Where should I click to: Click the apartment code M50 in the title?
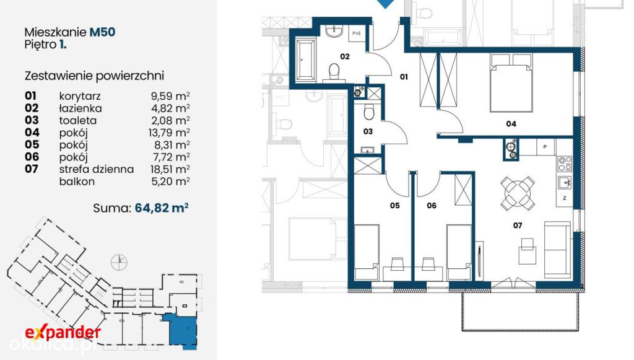click(102, 32)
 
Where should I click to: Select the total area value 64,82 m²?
click(162, 208)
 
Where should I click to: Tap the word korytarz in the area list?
click(80, 97)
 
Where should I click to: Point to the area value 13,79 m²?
click(170, 132)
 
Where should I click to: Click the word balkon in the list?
click(77, 181)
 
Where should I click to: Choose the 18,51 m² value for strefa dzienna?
click(170, 169)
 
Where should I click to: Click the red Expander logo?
click(63, 333)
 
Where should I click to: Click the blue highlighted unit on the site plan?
click(181, 330)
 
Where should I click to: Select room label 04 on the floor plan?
click(511, 124)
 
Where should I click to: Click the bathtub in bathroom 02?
click(306, 59)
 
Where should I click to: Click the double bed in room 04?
click(511, 83)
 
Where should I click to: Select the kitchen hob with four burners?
click(565, 164)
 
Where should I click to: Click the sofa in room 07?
click(557, 250)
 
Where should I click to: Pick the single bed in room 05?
click(367, 252)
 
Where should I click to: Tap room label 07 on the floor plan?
click(518, 226)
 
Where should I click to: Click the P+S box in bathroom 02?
click(357, 33)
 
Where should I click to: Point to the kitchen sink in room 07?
click(565, 182)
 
